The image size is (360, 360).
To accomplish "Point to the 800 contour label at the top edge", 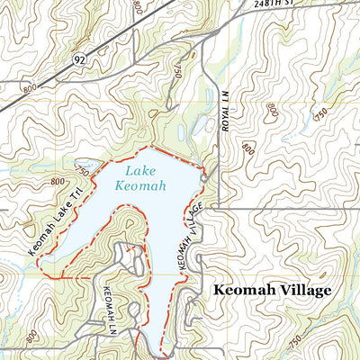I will click(x=137, y=7).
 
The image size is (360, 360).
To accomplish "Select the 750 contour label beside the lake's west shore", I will click(x=83, y=170).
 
